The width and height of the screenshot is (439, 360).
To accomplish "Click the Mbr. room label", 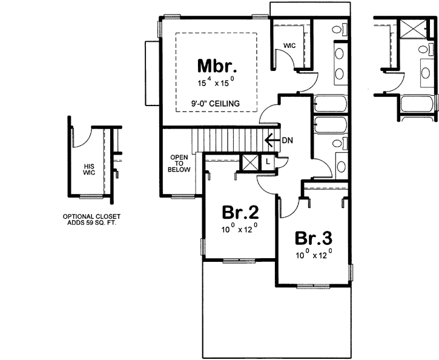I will (x=216, y=65).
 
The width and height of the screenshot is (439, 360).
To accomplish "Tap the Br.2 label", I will (x=240, y=213).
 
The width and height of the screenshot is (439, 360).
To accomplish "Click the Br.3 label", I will (x=313, y=237).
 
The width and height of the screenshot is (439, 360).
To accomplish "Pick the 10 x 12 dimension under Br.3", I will (x=314, y=255).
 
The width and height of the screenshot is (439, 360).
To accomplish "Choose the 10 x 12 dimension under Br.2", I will (x=240, y=230).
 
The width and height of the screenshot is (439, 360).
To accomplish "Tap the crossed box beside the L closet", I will (x=249, y=163).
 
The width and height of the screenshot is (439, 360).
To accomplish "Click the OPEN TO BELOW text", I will (x=180, y=164).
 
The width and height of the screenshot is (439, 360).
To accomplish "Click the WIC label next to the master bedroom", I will (x=289, y=45).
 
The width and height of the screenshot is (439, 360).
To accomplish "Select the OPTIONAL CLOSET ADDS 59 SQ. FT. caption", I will (x=93, y=219).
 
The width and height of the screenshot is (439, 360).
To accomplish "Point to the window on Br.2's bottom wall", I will (x=239, y=261).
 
